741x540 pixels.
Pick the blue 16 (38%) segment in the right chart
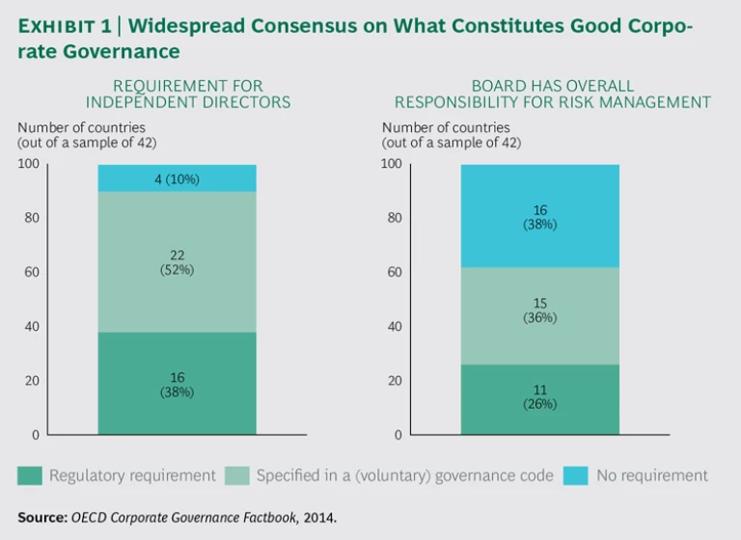[540, 216]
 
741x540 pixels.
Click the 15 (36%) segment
[540, 315]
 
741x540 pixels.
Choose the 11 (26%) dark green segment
[540, 398]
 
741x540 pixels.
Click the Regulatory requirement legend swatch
[30, 475]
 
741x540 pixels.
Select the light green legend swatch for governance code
[236, 475]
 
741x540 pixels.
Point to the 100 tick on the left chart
[28, 164]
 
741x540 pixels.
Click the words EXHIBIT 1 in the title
[61, 28]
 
